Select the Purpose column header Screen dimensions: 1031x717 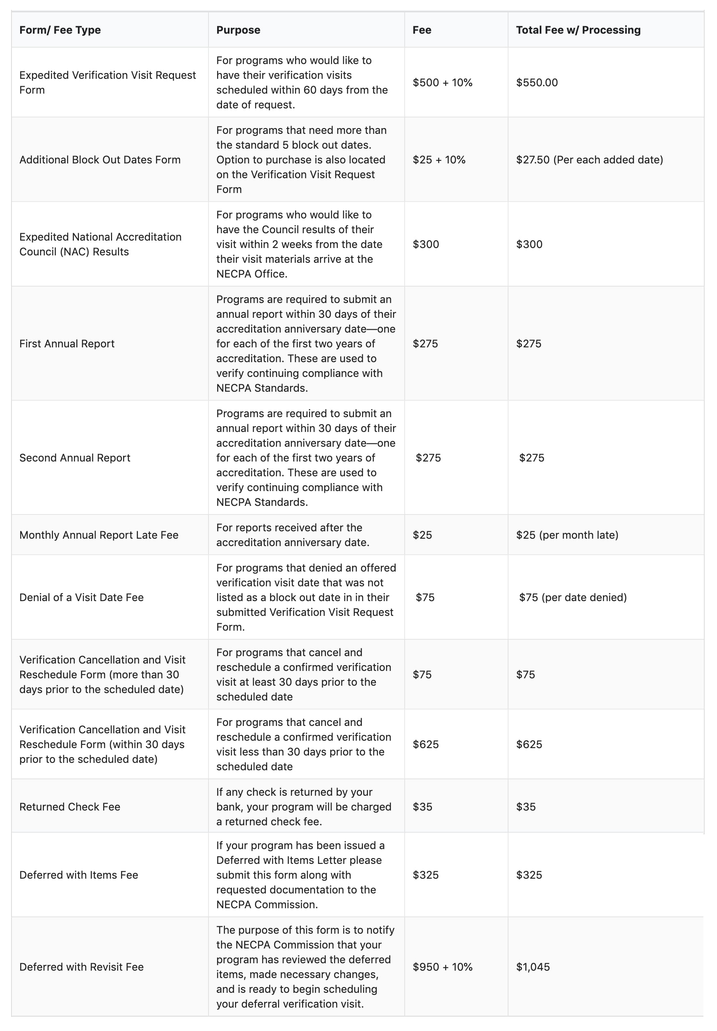[x=238, y=30]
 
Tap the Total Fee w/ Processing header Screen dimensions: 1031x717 [x=578, y=30]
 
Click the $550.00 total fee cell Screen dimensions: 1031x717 [x=536, y=83]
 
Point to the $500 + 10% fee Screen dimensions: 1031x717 [x=442, y=83]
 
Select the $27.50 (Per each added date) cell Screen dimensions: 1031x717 [x=589, y=160]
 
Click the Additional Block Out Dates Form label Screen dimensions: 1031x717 [x=100, y=160]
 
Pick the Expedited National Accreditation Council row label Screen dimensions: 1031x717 [x=100, y=244]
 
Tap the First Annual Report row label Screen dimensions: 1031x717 [x=67, y=344]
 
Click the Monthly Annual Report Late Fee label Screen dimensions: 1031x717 [x=99, y=535]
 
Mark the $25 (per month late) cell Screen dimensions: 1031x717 [x=567, y=535]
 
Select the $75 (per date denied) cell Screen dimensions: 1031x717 [x=573, y=597]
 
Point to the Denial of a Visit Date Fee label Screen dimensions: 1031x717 [x=81, y=597]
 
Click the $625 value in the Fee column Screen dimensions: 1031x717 [x=425, y=744]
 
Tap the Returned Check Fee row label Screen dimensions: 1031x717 [x=70, y=806]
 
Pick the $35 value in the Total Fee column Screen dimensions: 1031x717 [x=526, y=806]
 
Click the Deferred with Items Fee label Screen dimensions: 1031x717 [x=78, y=875]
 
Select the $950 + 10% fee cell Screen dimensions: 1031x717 [x=442, y=967]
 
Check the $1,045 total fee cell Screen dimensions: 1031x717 [x=532, y=967]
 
